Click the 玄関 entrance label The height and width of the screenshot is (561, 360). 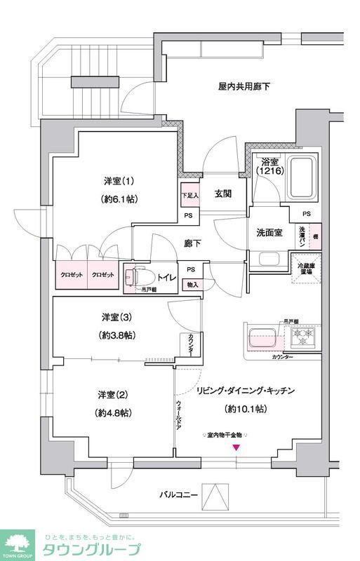[x=224, y=194]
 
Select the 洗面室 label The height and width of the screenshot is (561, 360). [x=269, y=233]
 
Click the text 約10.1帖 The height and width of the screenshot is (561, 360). [x=245, y=408]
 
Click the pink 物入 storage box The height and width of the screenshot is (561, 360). [x=191, y=284]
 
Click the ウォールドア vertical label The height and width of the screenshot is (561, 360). [x=180, y=417]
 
